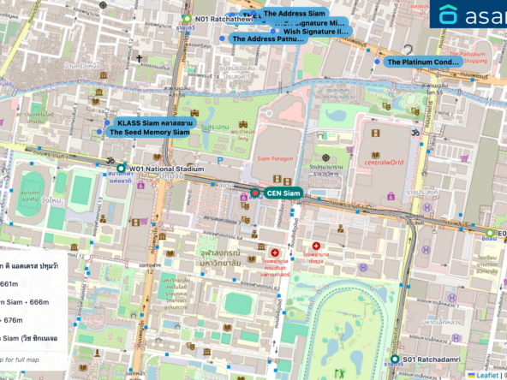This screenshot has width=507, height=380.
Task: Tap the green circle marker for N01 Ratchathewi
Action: [x=186, y=19]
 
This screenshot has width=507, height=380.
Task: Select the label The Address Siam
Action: [x=294, y=14]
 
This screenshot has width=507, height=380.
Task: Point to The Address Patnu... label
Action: [x=268, y=39]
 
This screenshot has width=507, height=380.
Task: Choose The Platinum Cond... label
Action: [x=423, y=62]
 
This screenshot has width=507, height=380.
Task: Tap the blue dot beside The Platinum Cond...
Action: [x=377, y=62]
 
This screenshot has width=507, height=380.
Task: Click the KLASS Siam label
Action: [x=155, y=123]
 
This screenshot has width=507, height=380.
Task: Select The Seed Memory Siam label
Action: [x=149, y=133]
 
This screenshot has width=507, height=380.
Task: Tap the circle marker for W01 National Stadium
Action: [x=122, y=169]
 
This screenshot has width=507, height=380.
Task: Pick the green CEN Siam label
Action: [x=283, y=193]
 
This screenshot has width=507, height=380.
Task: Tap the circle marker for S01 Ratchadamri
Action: [x=395, y=359]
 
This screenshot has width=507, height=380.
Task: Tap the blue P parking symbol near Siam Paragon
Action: [x=220, y=159]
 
